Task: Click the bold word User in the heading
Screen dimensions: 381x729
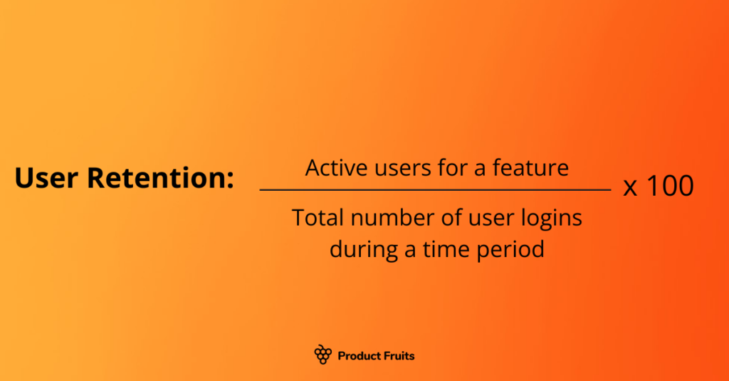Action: click(x=48, y=179)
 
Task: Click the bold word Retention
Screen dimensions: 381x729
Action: click(x=160, y=179)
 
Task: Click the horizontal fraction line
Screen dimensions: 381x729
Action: click(x=435, y=190)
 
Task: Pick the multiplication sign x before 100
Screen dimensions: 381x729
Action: click(x=630, y=187)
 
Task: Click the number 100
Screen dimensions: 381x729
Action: click(x=669, y=187)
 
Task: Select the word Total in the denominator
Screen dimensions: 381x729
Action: click(x=317, y=219)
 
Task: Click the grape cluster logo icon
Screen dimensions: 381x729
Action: click(x=322, y=355)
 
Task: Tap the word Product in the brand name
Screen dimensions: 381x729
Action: click(x=361, y=355)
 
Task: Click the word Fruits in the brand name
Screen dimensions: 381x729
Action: click(x=400, y=355)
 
